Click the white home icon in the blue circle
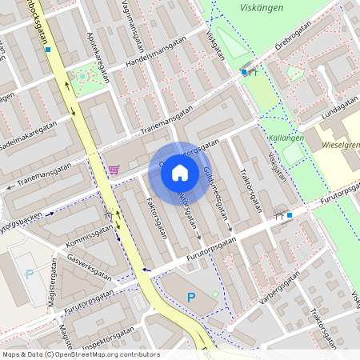click(180, 173)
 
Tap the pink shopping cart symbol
click(114, 170)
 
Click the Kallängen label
click(286, 138)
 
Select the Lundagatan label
click(340, 105)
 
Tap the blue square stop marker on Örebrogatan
click(244, 72)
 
